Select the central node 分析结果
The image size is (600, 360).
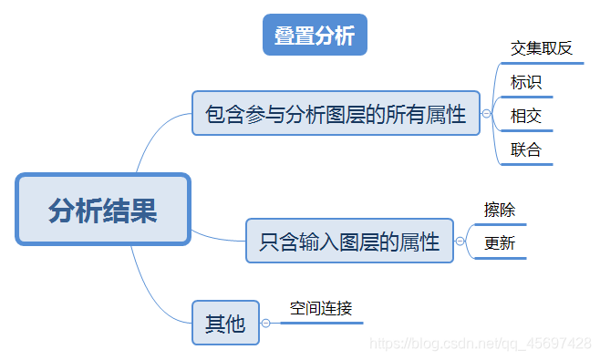coord(102,211)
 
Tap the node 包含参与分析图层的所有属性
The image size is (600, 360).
coord(336,114)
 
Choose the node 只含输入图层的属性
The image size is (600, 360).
coord(349,242)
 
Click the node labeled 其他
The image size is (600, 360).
coord(225,323)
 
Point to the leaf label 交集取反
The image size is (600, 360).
coord(542,48)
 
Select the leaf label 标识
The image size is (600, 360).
coord(526,82)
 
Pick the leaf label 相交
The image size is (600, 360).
coord(526,116)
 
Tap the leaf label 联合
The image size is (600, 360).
coord(526,149)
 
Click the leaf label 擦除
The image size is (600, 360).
coord(500,210)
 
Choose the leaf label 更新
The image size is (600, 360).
coord(500,243)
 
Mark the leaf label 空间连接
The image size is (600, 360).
coord(321,308)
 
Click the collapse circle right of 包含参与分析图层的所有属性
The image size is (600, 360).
coord(486,114)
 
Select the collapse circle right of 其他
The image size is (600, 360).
coord(265,323)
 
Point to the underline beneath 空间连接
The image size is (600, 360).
coord(319,323)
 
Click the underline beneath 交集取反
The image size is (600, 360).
coord(542,64)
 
